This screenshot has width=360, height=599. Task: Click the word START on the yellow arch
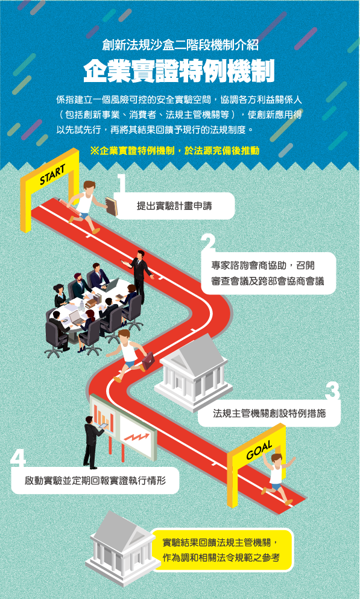click(52, 176)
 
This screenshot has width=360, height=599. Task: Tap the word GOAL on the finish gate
click(259, 449)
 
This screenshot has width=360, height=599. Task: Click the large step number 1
click(122, 184)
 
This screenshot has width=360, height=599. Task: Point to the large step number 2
click(209, 242)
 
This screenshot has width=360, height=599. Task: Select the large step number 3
click(332, 391)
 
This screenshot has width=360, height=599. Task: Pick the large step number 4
click(17, 458)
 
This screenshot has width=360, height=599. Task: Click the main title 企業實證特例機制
click(179, 71)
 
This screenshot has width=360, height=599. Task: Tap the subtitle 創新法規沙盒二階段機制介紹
click(180, 45)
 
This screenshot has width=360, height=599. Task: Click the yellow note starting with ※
click(175, 151)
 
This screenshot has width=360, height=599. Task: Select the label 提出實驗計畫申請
click(174, 206)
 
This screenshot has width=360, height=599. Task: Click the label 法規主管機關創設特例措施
click(269, 413)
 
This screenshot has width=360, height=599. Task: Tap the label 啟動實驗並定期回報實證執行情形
click(95, 480)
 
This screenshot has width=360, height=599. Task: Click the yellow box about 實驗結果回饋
click(222, 550)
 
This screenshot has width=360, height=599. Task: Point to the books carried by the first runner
click(112, 206)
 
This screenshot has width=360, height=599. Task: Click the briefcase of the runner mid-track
click(148, 360)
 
